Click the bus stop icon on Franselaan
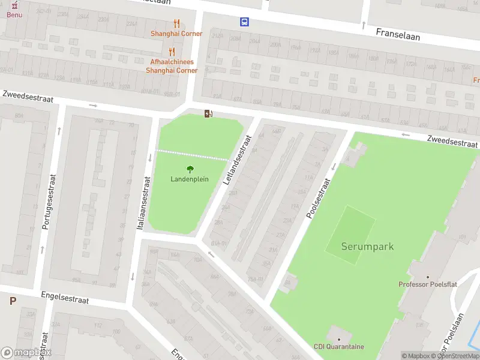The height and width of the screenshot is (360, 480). tap(244, 22)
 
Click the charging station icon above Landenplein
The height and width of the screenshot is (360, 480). tap(208, 113)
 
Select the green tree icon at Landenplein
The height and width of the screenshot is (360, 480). tap(190, 169)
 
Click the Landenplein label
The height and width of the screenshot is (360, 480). tap(190, 179)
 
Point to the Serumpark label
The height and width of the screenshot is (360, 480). tap(367, 246)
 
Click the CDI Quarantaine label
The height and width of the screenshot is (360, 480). tap(338, 346)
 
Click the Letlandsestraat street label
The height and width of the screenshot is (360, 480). tap(237, 158)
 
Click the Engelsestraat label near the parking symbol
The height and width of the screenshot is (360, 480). tap(65, 298)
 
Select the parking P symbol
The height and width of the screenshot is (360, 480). tap(13, 301)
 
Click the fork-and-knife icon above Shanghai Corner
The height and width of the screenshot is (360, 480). tap(176, 23)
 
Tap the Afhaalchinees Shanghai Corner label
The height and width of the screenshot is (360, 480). tap(172, 66)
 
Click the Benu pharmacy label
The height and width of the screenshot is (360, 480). tap(14, 14)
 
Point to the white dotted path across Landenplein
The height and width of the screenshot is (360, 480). tap(192, 155)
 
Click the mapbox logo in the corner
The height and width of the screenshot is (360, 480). tap(26, 353)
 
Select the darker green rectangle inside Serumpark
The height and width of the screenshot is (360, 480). tap(351, 235)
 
